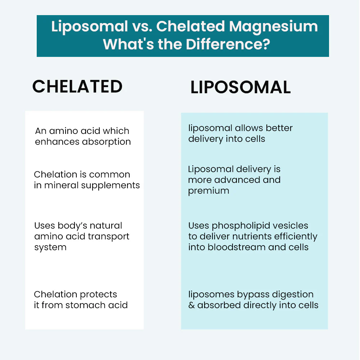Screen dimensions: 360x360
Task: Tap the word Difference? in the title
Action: click(x=228, y=44)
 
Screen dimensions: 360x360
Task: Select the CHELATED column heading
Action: click(x=77, y=86)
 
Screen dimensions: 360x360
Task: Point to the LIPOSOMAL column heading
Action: click(x=240, y=87)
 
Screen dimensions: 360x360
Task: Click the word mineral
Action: click(x=61, y=185)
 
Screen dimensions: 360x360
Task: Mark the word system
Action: click(x=50, y=248)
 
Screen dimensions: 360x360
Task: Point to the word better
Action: click(x=279, y=128)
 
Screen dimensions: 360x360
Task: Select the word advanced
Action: click(x=237, y=180)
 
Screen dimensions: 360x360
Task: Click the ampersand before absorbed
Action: click(x=192, y=305)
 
